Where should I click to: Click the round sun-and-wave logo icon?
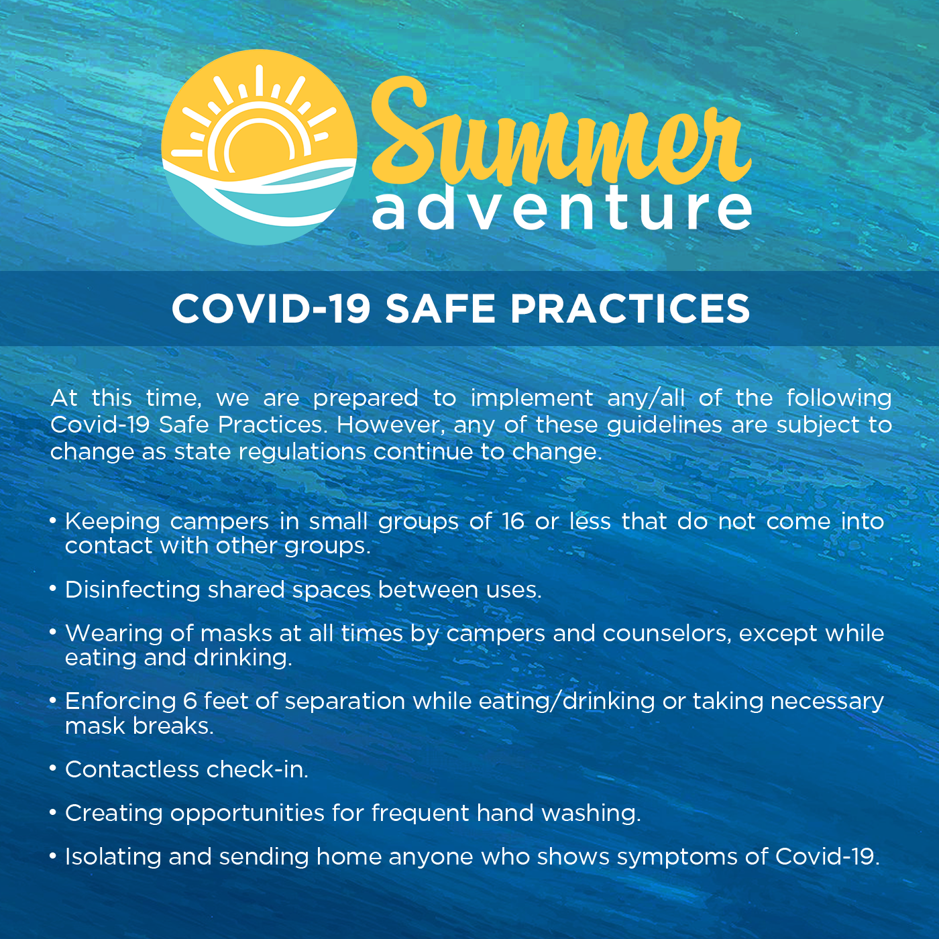pos(260,147)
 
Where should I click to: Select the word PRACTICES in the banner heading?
pos(630,309)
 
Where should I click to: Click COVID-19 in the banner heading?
pos(272,309)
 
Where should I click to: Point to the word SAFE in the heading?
pos(441,309)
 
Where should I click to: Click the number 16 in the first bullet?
pos(513,522)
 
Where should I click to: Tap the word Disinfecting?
pos(133,590)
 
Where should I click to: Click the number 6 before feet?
pos(190,702)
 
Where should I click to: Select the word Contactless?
pos(132,770)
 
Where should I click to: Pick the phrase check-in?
pos(258,770)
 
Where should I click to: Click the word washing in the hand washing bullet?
pos(592,814)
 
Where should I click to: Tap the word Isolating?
pos(113,857)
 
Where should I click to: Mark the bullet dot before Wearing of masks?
pos(53,632)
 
